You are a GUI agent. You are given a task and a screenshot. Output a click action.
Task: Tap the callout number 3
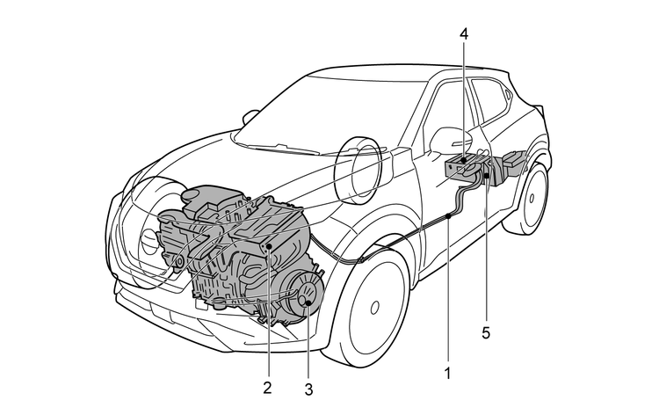coord(309,383)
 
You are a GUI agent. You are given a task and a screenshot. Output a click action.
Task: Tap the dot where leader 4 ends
coord(463,158)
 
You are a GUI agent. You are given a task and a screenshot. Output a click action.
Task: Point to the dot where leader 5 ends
coord(486,178)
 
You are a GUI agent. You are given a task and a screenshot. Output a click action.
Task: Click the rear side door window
coord(489,106)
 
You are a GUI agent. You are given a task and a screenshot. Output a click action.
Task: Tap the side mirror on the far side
coord(250,115)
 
